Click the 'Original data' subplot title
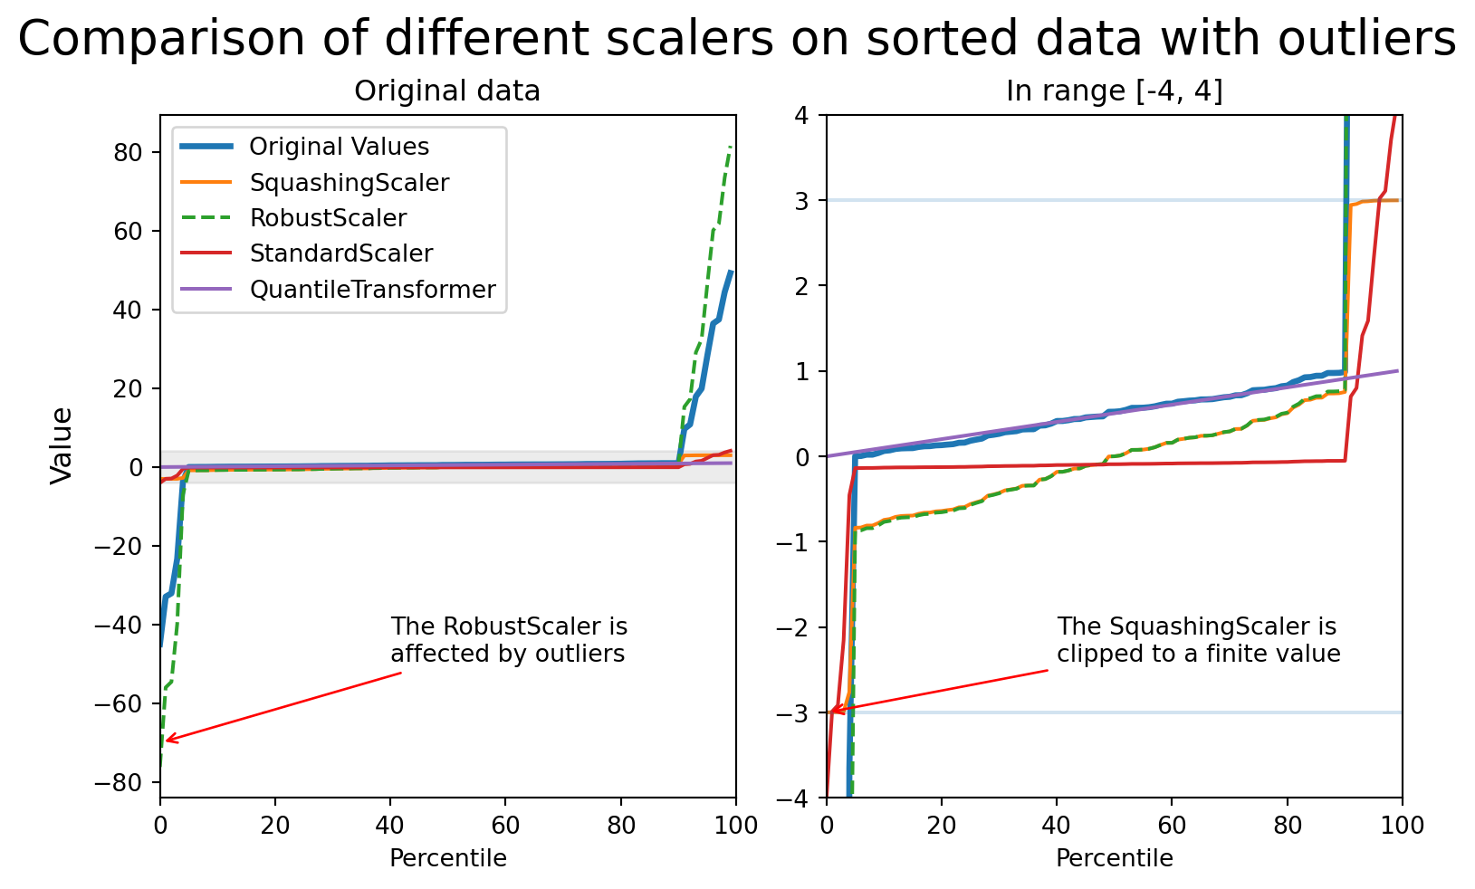[x=446, y=91]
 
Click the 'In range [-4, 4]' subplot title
[x=1114, y=91]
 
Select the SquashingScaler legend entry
[x=349, y=183]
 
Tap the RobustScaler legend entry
[x=328, y=218]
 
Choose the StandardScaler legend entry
[x=340, y=253]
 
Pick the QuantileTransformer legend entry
[x=372, y=290]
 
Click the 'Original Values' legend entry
[x=339, y=147]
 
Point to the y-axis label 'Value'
[x=62, y=445]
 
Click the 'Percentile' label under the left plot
[x=447, y=858]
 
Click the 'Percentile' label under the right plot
[x=1114, y=858]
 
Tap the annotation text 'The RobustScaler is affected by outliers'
[x=509, y=640]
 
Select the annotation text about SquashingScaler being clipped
[x=1198, y=640]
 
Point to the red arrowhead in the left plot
[x=167, y=741]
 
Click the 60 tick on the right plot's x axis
[x=1172, y=825]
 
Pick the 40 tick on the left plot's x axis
[x=390, y=825]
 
